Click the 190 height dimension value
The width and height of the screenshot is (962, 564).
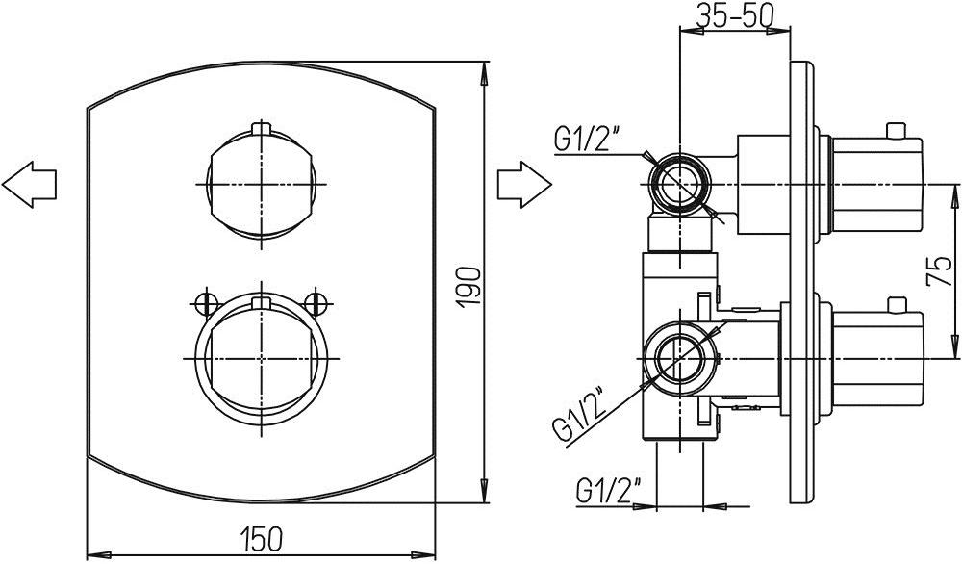click(x=470, y=288)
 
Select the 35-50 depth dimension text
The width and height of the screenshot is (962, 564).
click(x=734, y=15)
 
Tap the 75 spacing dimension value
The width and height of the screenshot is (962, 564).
click(x=939, y=271)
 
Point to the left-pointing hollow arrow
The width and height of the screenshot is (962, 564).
click(x=30, y=184)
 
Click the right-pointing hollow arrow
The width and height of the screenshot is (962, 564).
click(x=524, y=184)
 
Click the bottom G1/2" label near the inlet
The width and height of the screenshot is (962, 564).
click(x=608, y=491)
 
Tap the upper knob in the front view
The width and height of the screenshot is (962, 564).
click(x=262, y=184)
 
